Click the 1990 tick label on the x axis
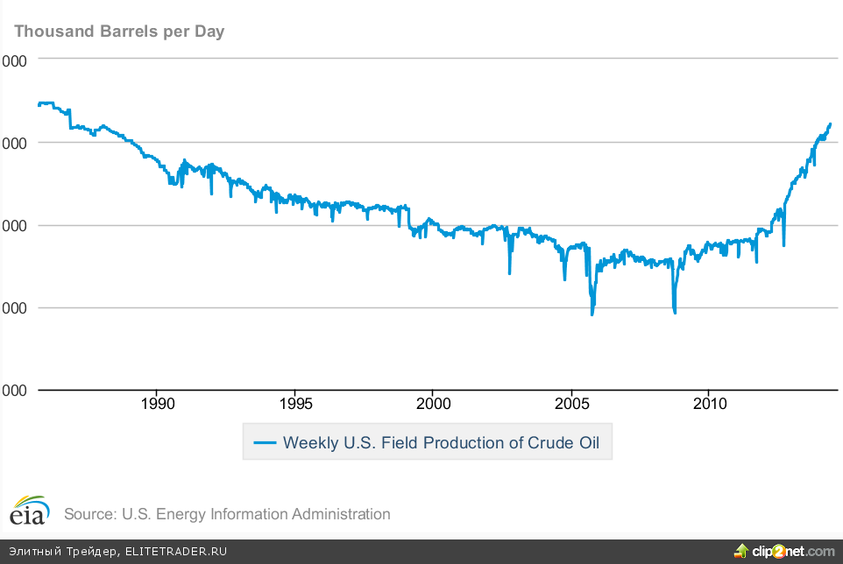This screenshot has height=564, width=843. pyautogui.click(x=157, y=404)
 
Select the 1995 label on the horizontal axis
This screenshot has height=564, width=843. pyautogui.click(x=294, y=404)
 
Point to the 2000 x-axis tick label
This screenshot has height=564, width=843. pyautogui.click(x=433, y=404)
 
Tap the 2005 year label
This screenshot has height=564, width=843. pyautogui.click(x=570, y=404)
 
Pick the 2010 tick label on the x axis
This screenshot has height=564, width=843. pyautogui.click(x=709, y=404)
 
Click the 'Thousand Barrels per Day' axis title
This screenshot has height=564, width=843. pyautogui.click(x=119, y=32)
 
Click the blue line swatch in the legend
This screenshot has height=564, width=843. pyautogui.click(x=265, y=442)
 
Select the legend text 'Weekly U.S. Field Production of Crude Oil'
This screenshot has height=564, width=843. pyautogui.click(x=441, y=442)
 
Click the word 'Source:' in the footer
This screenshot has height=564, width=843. pyautogui.click(x=89, y=514)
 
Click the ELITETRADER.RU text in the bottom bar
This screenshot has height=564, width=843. pyautogui.click(x=176, y=552)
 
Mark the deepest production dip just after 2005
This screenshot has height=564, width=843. pyautogui.click(x=592, y=314)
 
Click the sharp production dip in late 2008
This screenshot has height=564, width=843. pyautogui.click(x=675, y=312)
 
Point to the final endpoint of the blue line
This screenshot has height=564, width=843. pyautogui.click(x=830, y=124)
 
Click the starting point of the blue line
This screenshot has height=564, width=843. pyautogui.click(x=39, y=104)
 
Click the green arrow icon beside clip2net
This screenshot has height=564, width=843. pyautogui.click(x=741, y=550)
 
